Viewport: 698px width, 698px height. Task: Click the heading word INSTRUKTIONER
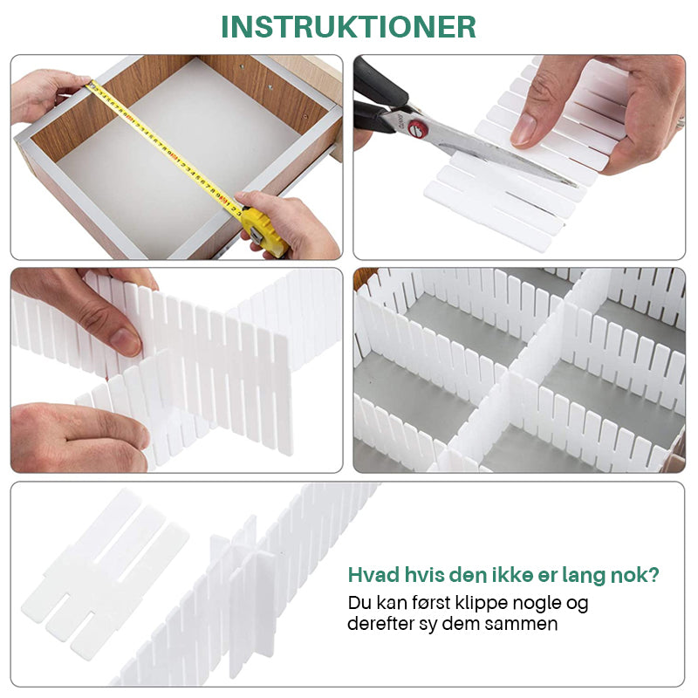pos(348,27)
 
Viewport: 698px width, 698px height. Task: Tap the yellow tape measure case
pos(263,231)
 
